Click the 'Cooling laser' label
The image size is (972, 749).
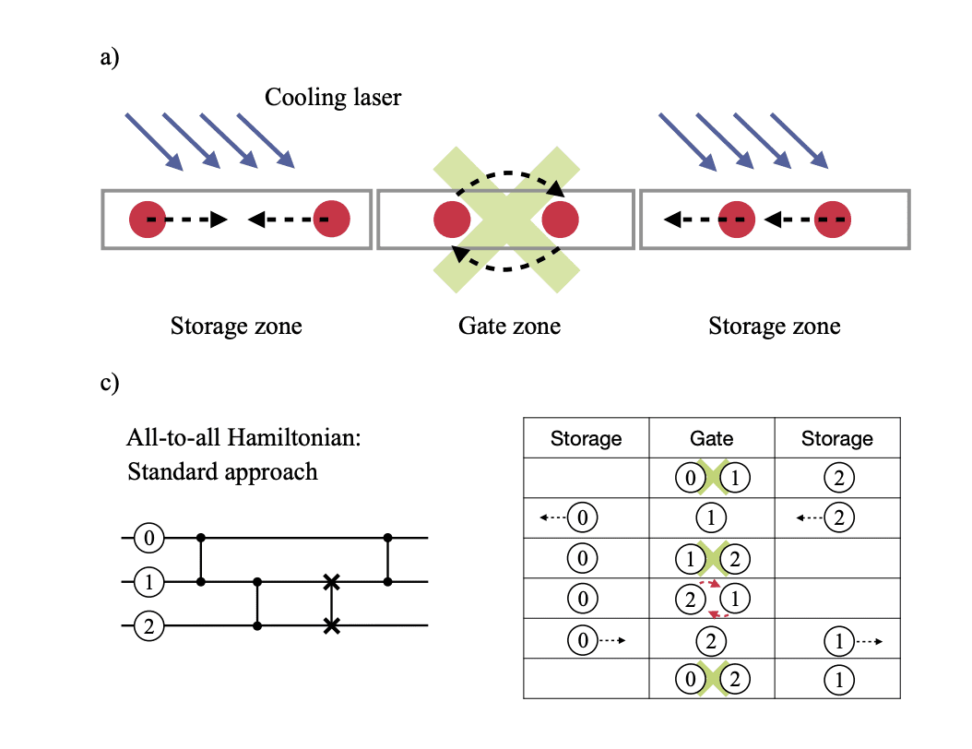333,97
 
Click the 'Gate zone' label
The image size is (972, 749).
509,326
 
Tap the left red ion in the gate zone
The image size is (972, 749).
453,220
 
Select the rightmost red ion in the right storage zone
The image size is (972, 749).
832,220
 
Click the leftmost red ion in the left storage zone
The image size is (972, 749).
148,220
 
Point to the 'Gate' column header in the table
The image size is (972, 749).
711,438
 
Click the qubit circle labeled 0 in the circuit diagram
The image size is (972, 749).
149,536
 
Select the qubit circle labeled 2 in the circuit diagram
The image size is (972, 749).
149,626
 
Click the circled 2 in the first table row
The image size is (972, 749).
837,479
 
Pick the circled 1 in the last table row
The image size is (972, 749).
837,681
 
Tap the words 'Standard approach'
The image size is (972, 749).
222,472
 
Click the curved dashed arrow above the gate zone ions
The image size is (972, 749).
509,173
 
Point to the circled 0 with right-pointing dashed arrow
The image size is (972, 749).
583,640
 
